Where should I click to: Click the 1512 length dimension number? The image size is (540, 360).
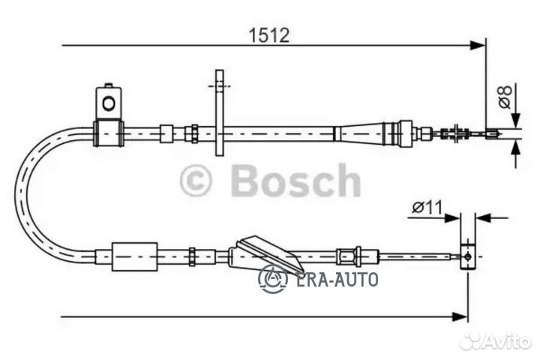(x=269, y=35)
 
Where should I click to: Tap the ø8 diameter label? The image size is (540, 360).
(x=505, y=97)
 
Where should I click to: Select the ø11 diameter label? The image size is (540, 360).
(x=427, y=208)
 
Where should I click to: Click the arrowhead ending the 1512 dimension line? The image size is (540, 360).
(x=478, y=45)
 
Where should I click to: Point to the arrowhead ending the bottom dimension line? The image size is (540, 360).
(x=460, y=316)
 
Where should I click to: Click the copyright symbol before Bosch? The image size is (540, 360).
(x=195, y=181)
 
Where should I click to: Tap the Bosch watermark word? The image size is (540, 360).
(x=295, y=180)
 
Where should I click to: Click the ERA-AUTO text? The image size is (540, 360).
(x=336, y=280)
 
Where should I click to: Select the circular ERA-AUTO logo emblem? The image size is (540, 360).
(x=273, y=279)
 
